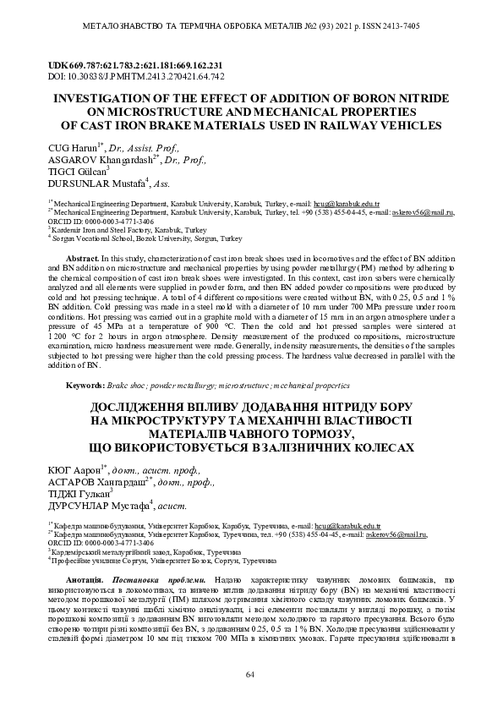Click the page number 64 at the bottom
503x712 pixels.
[x=250, y=674]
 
